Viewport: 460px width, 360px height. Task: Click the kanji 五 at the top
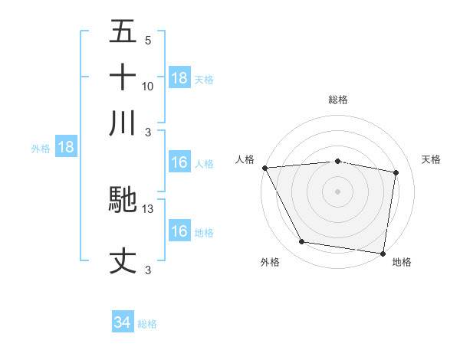point(123,33)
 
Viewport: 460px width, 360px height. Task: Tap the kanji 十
point(123,77)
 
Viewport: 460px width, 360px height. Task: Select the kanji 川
point(123,123)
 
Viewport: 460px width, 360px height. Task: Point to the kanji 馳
point(123,200)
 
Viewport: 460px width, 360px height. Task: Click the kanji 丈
point(123,260)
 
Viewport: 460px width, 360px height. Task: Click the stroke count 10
point(148,87)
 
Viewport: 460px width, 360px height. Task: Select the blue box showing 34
point(123,323)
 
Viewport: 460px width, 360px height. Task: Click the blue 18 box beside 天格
point(179,78)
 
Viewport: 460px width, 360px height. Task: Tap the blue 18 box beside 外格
point(66,148)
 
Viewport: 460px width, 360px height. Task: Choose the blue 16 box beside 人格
point(179,163)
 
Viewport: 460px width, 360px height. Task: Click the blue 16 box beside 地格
point(179,232)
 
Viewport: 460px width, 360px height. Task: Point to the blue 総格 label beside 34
point(147,324)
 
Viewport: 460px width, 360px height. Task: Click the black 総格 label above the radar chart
point(338,100)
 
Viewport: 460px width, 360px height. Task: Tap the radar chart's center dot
point(337,191)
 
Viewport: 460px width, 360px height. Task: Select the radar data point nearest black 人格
point(264,168)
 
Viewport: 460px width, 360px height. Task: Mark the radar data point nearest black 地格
point(383,253)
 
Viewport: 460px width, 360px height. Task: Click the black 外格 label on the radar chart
point(270,262)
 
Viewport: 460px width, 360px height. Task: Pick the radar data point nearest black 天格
point(396,172)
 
